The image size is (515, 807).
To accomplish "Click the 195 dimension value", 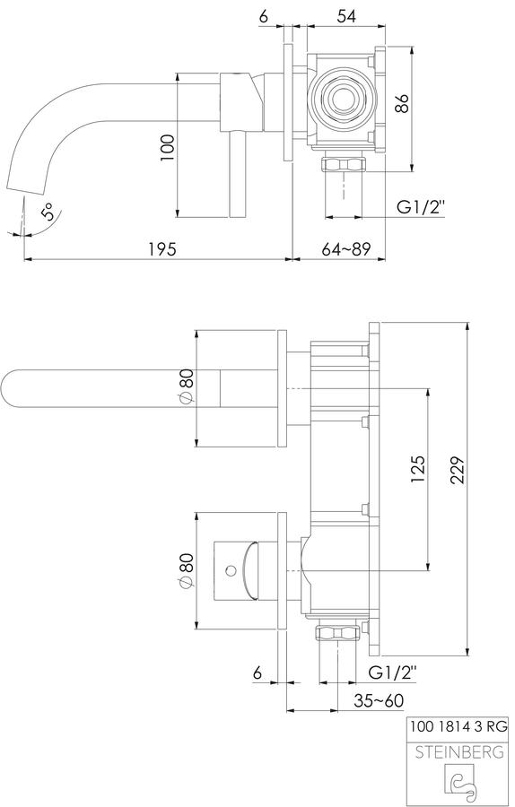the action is pyautogui.click(x=162, y=249).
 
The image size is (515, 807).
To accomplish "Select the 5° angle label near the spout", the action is pyautogui.click(x=47, y=213).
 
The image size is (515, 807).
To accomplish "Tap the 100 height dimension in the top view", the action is pyautogui.click(x=168, y=148).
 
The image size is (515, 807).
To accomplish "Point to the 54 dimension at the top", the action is pyautogui.click(x=346, y=16).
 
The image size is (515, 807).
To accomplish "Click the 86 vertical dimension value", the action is pyautogui.click(x=402, y=103).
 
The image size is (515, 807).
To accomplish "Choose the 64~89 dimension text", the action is pyautogui.click(x=346, y=249).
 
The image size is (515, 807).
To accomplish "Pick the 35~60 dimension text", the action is pyautogui.click(x=378, y=700).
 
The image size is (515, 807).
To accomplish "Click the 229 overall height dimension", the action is pyautogui.click(x=458, y=470).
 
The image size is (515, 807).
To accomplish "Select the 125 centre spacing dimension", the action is pyautogui.click(x=418, y=469).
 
